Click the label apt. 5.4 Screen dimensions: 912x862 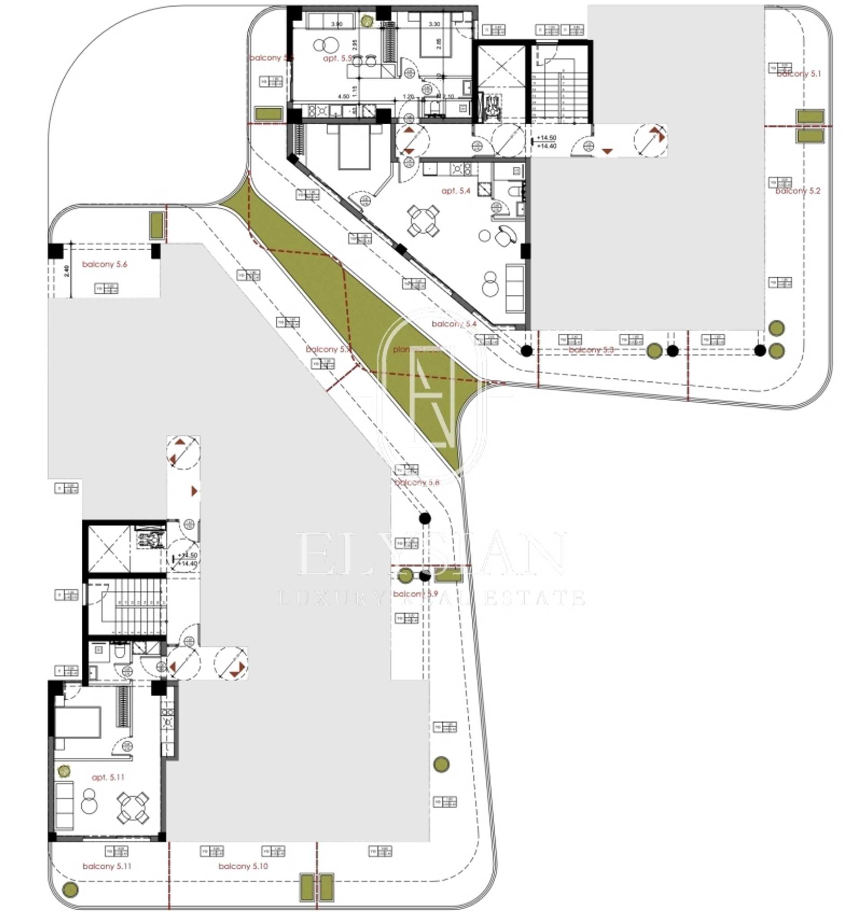pyautogui.click(x=456, y=191)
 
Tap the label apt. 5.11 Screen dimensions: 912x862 pyautogui.click(x=108, y=777)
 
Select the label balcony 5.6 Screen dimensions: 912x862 pyautogui.click(x=104, y=264)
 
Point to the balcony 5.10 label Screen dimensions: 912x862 pyautogui.click(x=243, y=866)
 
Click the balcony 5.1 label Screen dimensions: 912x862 pyautogui.click(x=799, y=74)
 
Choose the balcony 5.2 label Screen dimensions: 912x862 pyautogui.click(x=798, y=191)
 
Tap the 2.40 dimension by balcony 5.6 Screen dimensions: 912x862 pyautogui.click(x=67, y=271)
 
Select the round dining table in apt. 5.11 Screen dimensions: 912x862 pyautogui.click(x=133, y=807)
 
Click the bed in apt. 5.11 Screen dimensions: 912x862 pyautogui.click(x=77, y=722)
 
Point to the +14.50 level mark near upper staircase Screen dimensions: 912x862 pyautogui.click(x=546, y=138)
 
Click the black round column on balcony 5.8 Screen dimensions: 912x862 pyautogui.click(x=425, y=519)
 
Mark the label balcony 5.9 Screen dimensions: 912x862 pyautogui.click(x=415, y=594)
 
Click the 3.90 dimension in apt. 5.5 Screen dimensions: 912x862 pyautogui.click(x=337, y=24)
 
